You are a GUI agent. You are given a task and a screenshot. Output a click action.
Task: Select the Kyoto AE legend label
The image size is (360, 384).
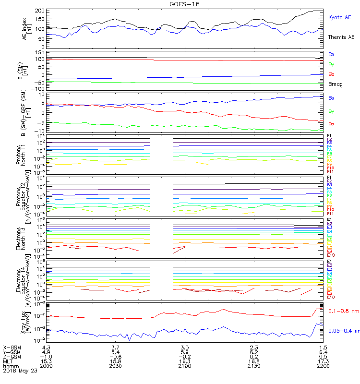pyautogui.click(x=339, y=17)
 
